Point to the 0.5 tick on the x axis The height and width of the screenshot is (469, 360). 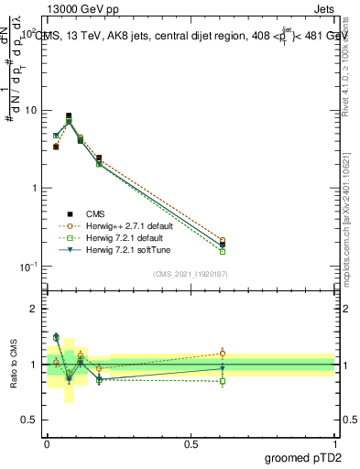191,444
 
